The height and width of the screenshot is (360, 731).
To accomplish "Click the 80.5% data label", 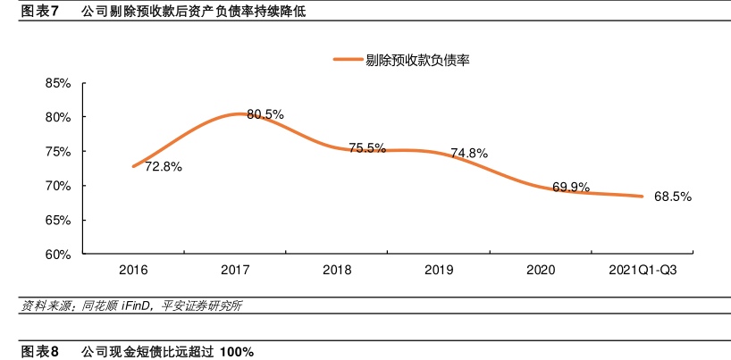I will [265, 114].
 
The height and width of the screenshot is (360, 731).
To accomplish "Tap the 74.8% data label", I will [469, 153].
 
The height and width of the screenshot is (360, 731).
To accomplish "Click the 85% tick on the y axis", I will [58, 83].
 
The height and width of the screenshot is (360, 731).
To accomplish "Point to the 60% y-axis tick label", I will [58, 255].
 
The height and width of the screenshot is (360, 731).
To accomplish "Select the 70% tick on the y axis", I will [58, 186].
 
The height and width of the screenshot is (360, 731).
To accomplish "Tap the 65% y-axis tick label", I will [58, 220].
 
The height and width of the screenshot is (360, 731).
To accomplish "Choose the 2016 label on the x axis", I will [133, 269].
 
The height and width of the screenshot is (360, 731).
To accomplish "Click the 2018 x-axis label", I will [337, 269].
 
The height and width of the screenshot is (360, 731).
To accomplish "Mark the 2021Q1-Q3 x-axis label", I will [643, 269].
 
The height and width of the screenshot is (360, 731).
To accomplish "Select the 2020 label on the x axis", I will [541, 269].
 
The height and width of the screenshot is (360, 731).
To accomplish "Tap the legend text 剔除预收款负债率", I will [417, 60].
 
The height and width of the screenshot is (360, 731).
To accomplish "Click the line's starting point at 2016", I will [133, 166].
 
